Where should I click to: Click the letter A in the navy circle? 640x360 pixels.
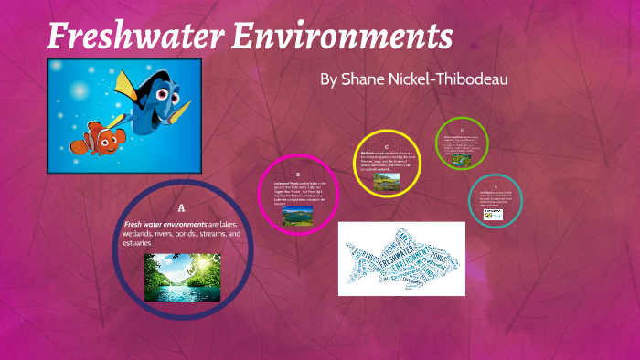point(181,207)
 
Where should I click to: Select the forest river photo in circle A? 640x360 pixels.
point(182,277)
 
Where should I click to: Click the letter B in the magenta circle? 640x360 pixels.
point(298,171)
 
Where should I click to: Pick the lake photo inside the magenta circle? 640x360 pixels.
point(297,216)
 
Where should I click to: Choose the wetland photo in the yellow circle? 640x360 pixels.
point(387,180)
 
